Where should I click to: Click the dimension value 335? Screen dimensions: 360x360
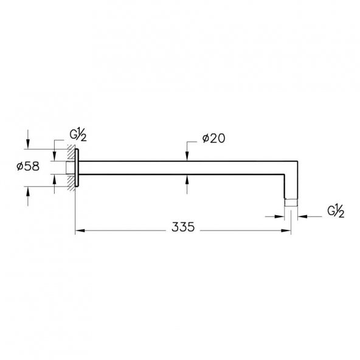coord(183,227)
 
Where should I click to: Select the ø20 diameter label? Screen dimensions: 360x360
coord(214,139)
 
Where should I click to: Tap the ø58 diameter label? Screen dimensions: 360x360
coord(28,166)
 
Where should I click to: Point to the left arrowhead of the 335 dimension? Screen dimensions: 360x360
coord(80,230)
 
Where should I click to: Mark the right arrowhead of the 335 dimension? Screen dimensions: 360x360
coord(286,230)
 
